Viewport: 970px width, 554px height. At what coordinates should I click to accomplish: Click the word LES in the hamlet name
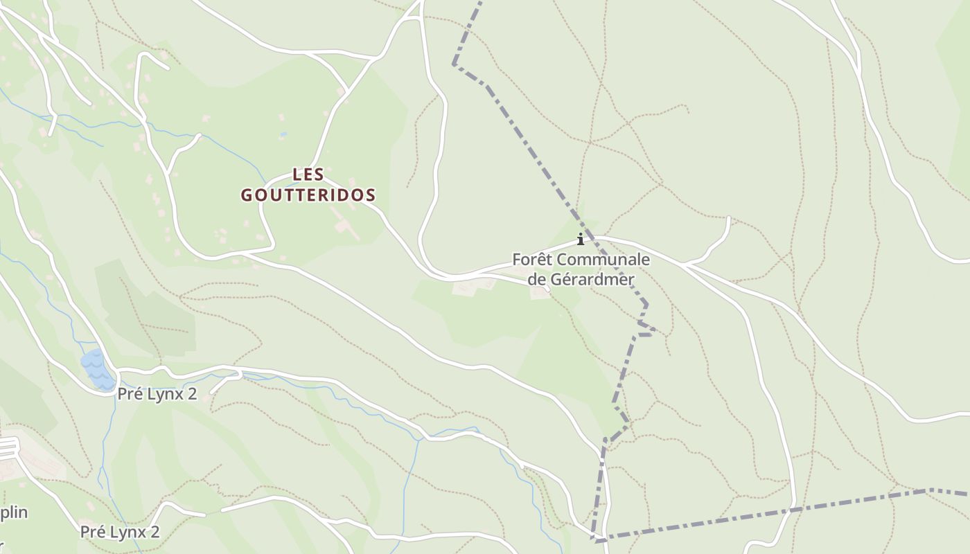[x=308, y=175]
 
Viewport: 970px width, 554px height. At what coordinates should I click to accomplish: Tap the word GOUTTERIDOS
[x=308, y=195]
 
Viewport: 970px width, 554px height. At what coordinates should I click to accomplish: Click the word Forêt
[x=532, y=260]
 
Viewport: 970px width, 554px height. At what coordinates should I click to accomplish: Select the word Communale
[x=603, y=260]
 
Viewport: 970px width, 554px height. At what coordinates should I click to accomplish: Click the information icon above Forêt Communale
[x=581, y=240]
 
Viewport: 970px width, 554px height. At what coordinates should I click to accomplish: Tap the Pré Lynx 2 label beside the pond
[x=157, y=394]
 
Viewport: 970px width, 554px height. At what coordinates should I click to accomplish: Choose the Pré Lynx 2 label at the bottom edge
[x=120, y=532]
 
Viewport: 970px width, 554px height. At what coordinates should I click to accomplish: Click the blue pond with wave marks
[x=96, y=370]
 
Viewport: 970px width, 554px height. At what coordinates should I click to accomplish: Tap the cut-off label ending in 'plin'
[x=13, y=512]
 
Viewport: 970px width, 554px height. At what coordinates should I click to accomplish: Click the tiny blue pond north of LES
[x=283, y=133]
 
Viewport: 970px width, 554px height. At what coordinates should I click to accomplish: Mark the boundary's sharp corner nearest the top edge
[x=455, y=64]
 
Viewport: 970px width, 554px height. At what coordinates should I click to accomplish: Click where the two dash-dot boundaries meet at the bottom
[x=596, y=539]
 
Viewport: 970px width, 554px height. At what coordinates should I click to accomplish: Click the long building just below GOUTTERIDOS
[x=346, y=229]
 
